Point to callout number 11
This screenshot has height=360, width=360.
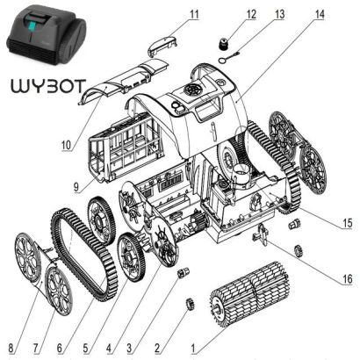[194, 14]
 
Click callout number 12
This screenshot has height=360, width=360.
[227, 14]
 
